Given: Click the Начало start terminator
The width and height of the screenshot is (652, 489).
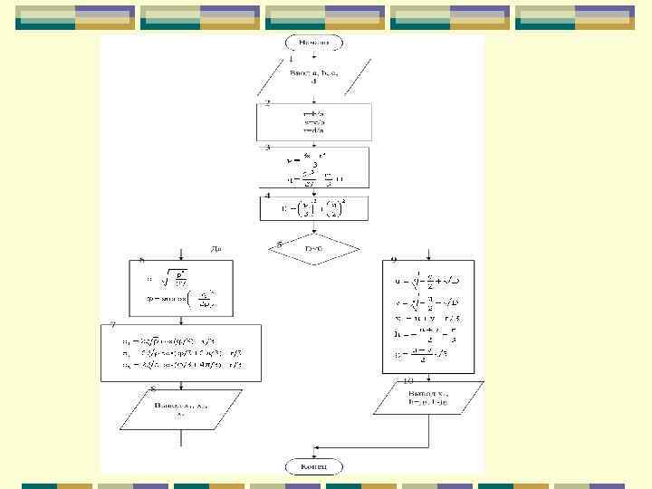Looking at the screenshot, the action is click(x=314, y=42).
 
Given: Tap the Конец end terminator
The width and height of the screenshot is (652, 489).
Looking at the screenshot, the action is click(x=314, y=465).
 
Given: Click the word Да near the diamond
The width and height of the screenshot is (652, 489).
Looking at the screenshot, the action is click(x=216, y=247).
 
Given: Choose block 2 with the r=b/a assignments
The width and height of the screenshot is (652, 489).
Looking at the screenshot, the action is click(x=314, y=120).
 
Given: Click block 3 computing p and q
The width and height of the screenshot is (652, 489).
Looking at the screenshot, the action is click(x=314, y=168).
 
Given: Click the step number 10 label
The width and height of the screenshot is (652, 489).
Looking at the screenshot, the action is click(x=407, y=381).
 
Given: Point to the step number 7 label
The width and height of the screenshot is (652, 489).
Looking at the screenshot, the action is click(x=111, y=324).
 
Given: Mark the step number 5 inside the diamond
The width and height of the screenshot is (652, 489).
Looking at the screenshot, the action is click(x=280, y=244).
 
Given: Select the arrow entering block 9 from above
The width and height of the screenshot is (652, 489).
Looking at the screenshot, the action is click(x=438, y=254).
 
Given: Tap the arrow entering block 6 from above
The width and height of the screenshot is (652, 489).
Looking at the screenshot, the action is click(x=185, y=254).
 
